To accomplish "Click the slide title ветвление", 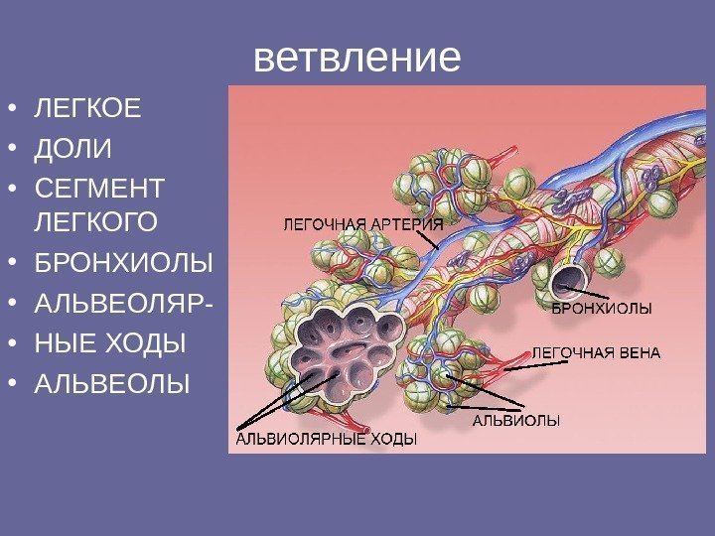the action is tap(357, 59).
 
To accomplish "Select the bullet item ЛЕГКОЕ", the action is tap(87, 107).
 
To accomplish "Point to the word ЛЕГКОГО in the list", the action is tap(94, 220).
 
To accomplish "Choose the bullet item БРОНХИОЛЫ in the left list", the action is tap(123, 265).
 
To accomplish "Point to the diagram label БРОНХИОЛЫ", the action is tap(602, 309).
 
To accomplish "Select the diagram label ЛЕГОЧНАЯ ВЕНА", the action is tap(597, 352).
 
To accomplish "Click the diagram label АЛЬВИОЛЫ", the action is tap(515, 421).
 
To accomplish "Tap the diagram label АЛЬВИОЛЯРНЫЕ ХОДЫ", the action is tap(326, 436).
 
